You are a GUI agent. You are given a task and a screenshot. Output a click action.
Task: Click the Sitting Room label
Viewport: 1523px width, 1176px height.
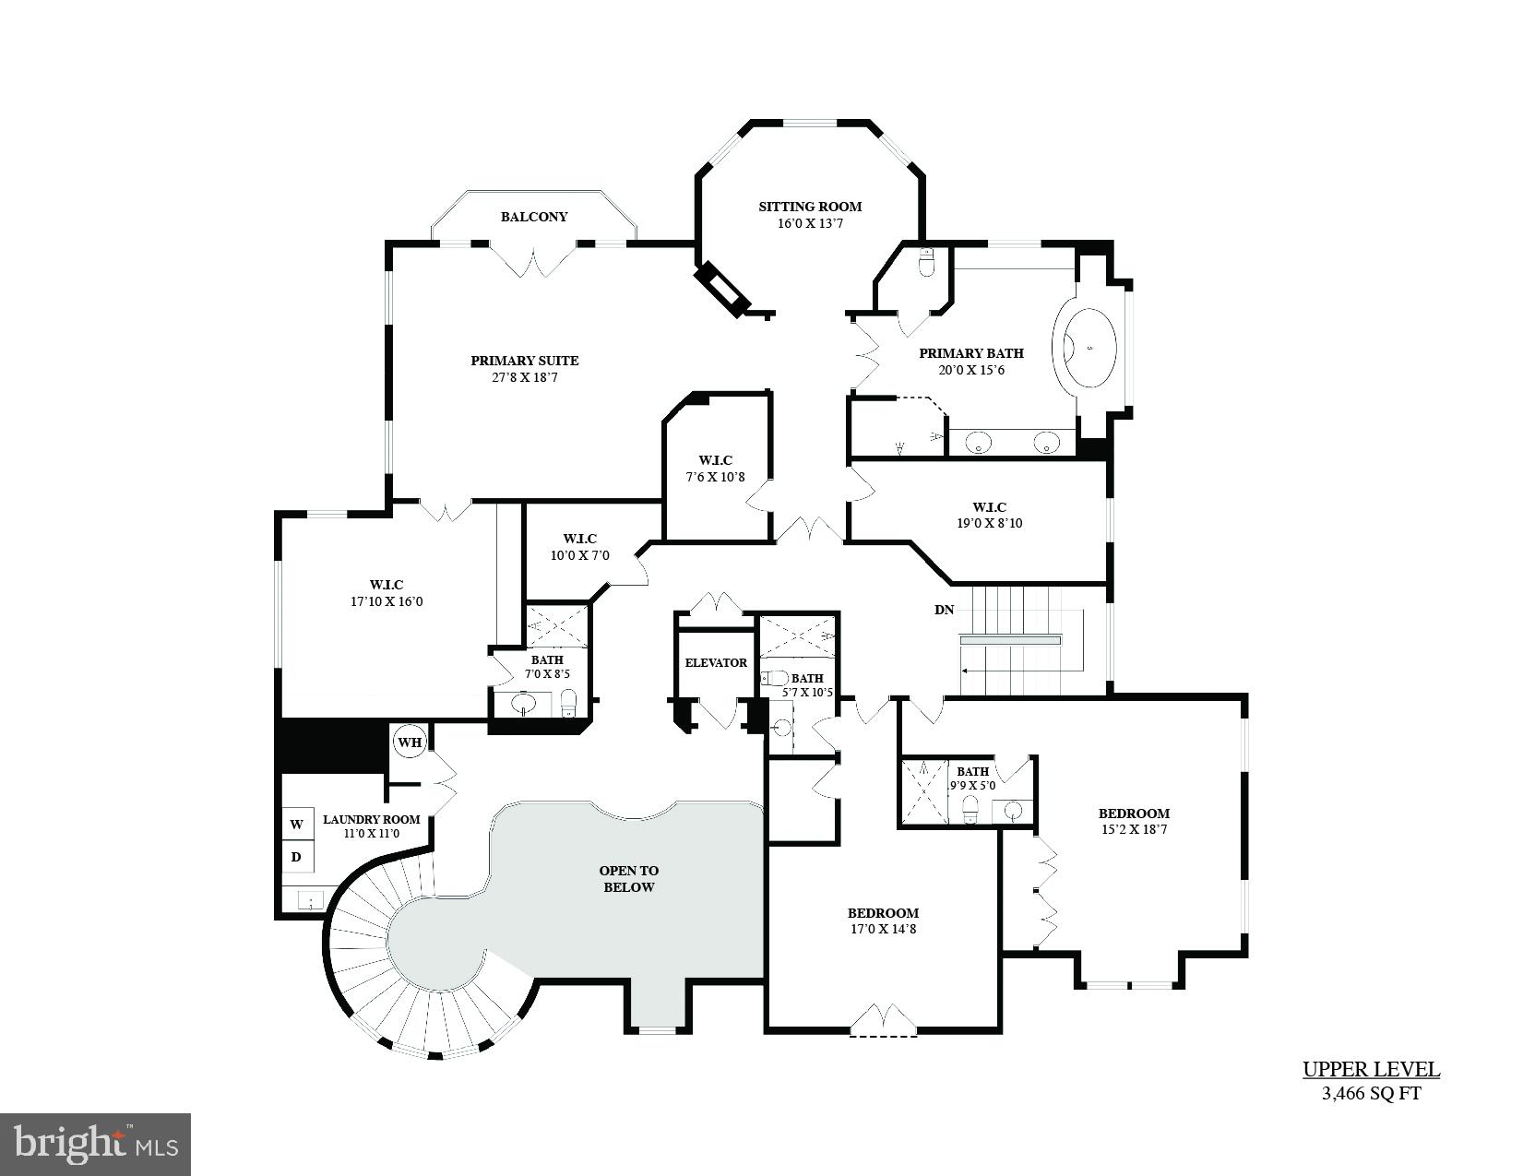(x=809, y=207)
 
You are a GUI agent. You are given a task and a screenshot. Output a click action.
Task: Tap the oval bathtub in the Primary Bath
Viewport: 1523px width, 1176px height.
(x=1090, y=349)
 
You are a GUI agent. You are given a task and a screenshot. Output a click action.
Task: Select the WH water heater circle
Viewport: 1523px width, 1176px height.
(x=409, y=742)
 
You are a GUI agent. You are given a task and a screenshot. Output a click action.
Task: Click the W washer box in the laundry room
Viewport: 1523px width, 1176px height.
(x=297, y=824)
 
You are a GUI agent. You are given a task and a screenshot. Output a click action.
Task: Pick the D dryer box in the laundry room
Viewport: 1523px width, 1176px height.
(x=297, y=857)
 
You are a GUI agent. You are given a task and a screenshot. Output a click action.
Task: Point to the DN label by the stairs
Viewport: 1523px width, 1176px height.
(x=944, y=610)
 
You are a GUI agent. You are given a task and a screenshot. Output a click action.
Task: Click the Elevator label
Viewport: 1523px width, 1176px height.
(x=716, y=662)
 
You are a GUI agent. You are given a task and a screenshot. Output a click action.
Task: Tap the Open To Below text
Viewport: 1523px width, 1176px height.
(x=628, y=879)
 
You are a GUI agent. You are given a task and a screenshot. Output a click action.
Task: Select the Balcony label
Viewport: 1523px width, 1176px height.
(x=534, y=217)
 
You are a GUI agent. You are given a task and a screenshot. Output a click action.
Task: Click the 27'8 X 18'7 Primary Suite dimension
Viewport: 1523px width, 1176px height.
(x=524, y=377)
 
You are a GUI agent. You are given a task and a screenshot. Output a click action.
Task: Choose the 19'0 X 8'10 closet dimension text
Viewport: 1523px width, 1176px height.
(x=989, y=523)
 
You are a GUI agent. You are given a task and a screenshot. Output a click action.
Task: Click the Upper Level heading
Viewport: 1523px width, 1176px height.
(x=1371, y=1070)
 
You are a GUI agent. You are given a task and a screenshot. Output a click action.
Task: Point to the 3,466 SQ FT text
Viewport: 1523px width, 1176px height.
(x=1371, y=1095)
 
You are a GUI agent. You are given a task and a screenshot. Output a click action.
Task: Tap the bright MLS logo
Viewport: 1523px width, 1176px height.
(x=96, y=1144)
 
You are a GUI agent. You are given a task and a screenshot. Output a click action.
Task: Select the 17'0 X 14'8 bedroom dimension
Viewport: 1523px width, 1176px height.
(x=883, y=929)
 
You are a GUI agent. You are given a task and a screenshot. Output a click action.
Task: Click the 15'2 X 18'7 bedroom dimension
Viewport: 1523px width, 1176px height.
(x=1134, y=829)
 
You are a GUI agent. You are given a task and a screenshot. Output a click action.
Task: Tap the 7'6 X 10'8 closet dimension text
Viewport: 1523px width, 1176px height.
(x=715, y=477)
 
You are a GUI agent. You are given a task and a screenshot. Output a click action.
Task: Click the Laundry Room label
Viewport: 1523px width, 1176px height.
(x=371, y=819)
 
